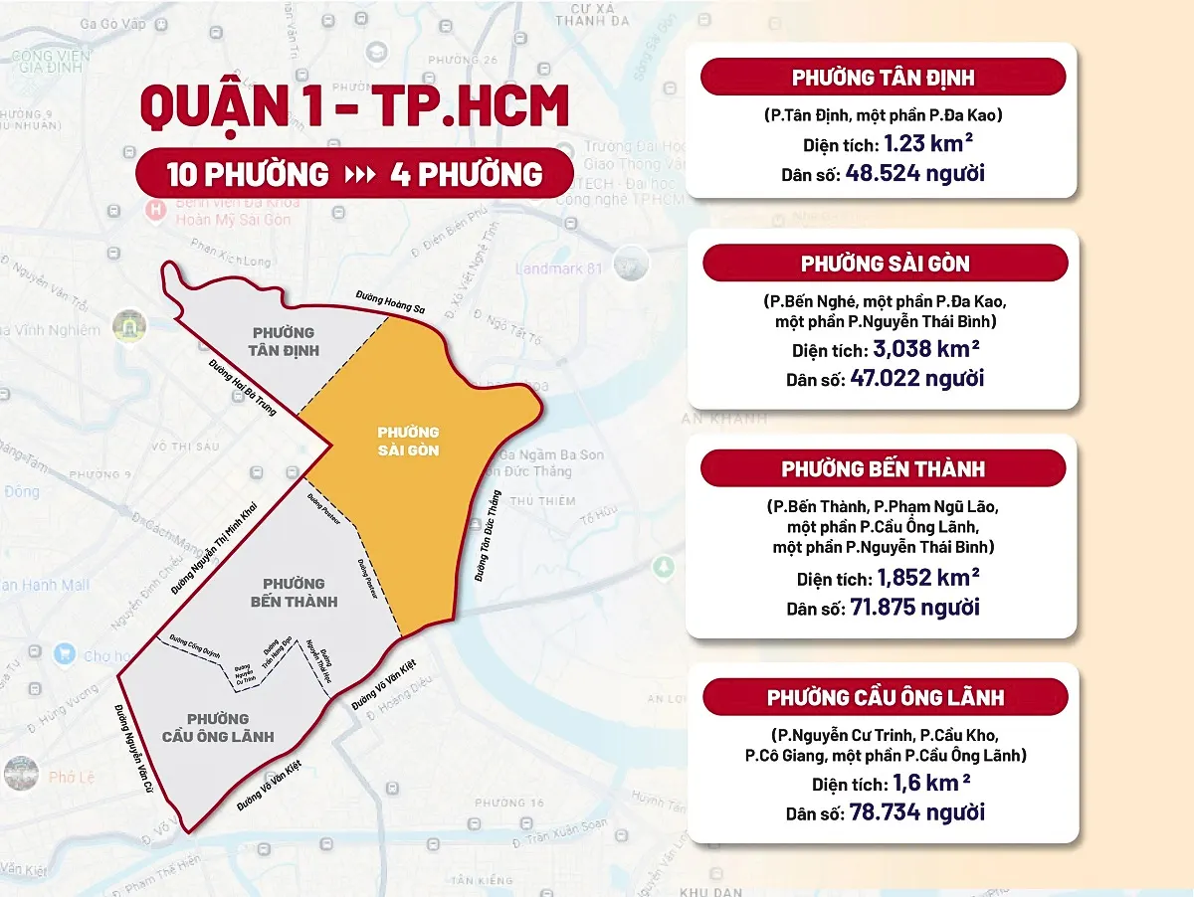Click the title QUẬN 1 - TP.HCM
pyautogui.click(x=354, y=107)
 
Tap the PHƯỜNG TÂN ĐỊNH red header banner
pyautogui.click(x=883, y=78)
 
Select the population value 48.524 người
pyautogui.click(x=914, y=174)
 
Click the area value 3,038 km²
pyautogui.click(x=925, y=349)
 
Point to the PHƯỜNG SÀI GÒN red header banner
pyautogui.click(x=885, y=264)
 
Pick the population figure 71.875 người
pyautogui.click(x=915, y=607)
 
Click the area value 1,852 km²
pyautogui.click(x=927, y=577)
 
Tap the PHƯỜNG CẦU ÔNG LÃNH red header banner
pyautogui.click(x=885, y=697)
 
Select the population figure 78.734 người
pyautogui.click(x=916, y=811)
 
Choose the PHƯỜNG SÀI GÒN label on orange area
pyautogui.click(x=408, y=442)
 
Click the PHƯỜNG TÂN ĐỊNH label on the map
pyautogui.click(x=283, y=341)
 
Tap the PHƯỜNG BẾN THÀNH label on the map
pyautogui.click(x=294, y=592)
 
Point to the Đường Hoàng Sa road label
pyautogui.click(x=391, y=302)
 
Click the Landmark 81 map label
pyautogui.click(x=560, y=269)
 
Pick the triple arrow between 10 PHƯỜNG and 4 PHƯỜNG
pyautogui.click(x=359, y=175)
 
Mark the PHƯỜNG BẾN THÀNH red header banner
pyautogui.click(x=883, y=468)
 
